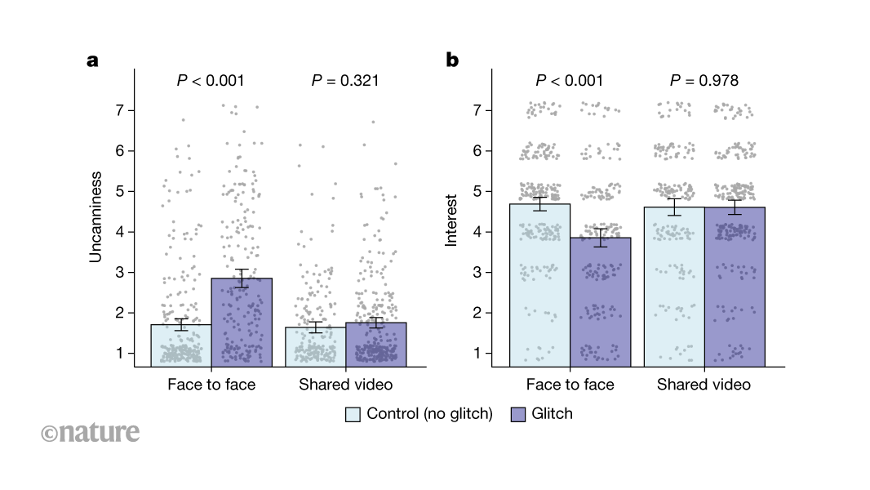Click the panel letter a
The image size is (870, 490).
click(93, 60)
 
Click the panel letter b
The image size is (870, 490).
click(451, 60)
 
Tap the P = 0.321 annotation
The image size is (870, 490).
click(345, 80)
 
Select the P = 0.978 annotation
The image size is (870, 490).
click(704, 80)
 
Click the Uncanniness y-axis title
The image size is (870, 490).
click(95, 216)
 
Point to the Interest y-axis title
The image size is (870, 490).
click(451, 219)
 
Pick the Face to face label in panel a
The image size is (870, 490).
click(211, 384)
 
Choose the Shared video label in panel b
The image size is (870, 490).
click(704, 384)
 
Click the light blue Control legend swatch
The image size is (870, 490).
click(353, 414)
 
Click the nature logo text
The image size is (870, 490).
click(90, 432)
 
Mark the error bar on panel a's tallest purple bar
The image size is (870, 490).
click(241, 278)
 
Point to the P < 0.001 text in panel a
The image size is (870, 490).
click(211, 80)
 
